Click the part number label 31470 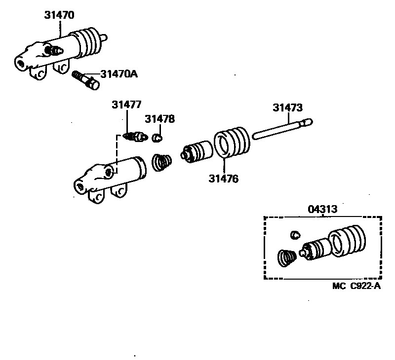coord(59,15)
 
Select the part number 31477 coord(126,105)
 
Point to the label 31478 coord(159,119)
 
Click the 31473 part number coord(288,107)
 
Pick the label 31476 coord(223,179)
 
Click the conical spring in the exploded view coord(161,163)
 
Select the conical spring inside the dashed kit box coord(285,258)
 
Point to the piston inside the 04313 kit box coord(314,249)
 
